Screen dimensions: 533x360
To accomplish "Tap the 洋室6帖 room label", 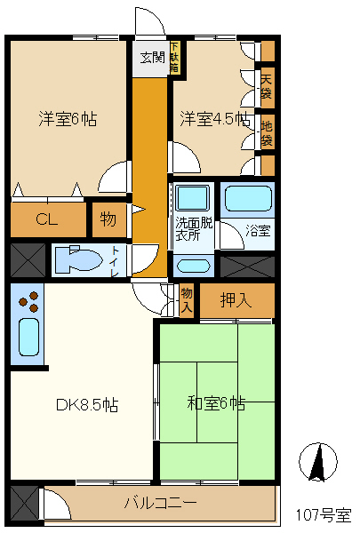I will pos(67,118).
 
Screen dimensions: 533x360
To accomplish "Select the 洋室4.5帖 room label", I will pos(213,118).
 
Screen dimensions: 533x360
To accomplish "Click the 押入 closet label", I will pos(236,300).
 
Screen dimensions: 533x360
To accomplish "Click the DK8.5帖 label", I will pos(87,406).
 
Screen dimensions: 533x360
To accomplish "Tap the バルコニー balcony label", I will pos(160,504).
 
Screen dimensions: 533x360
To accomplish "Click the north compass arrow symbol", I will pos(319,462).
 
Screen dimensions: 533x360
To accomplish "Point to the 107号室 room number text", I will pos(324,514).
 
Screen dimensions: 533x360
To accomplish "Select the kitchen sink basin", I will pos(28,340).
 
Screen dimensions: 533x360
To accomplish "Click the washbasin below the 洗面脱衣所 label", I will pos(193,265).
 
